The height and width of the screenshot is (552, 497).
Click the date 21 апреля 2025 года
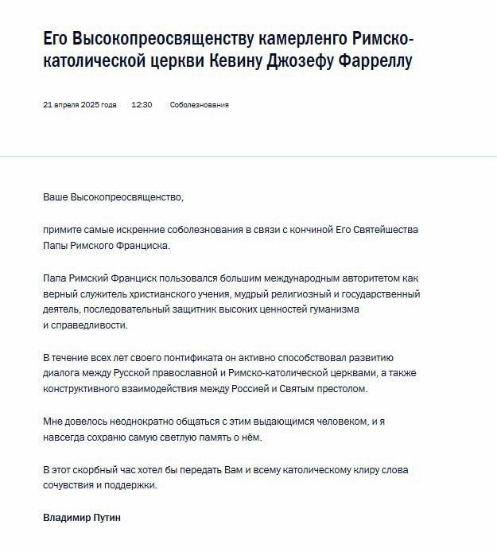pyautogui.click(x=80, y=104)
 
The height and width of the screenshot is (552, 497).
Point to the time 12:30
pyautogui.click(x=142, y=104)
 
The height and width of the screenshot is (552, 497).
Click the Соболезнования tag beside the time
pyautogui.click(x=200, y=104)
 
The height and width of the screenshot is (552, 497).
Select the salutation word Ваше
pyautogui.click(x=56, y=196)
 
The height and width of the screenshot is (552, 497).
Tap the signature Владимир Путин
pyautogui.click(x=81, y=518)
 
